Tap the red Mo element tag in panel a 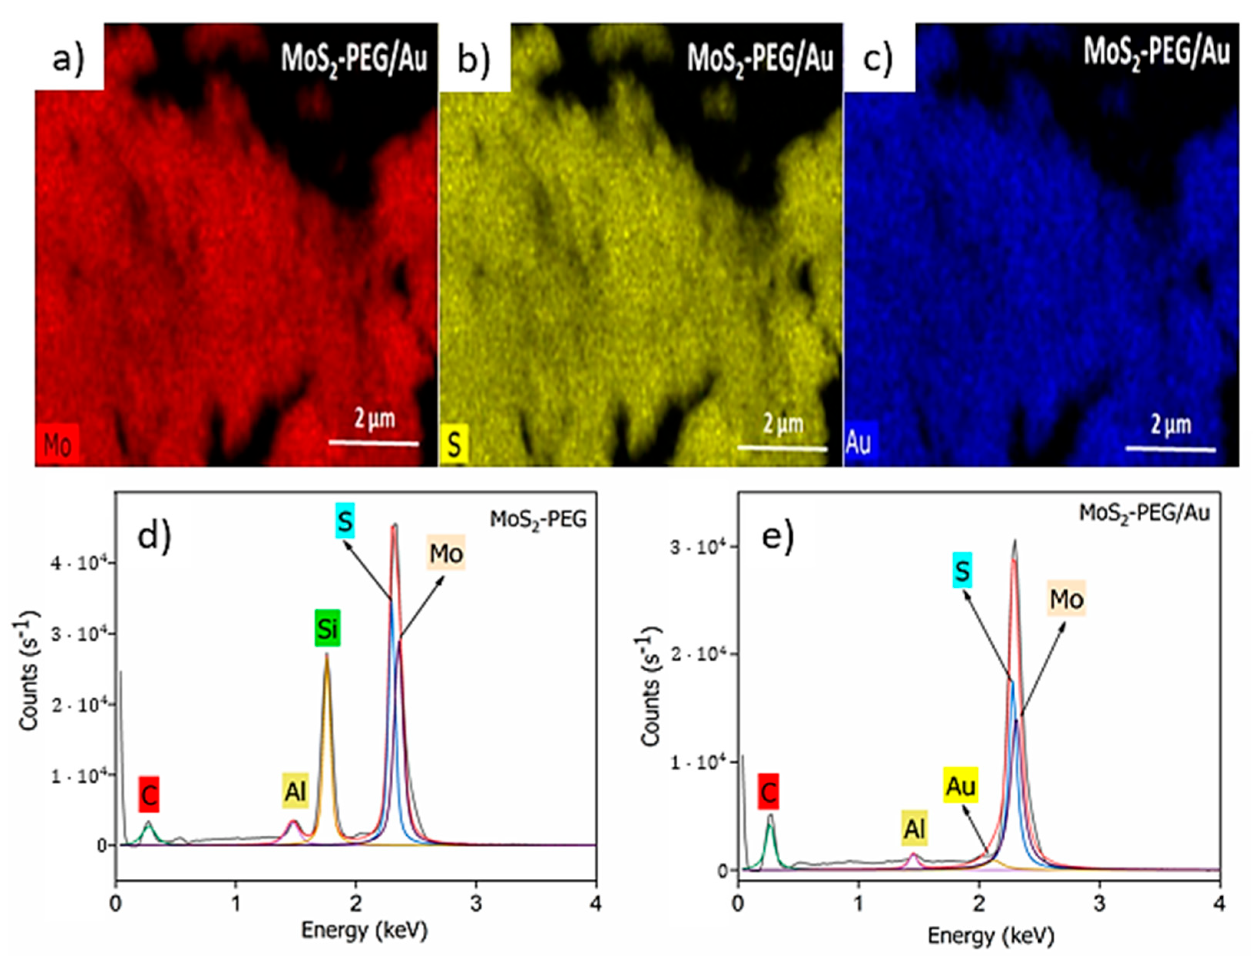click(57, 445)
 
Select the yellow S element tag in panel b click(454, 445)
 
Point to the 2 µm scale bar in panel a click(374, 443)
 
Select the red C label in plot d click(148, 794)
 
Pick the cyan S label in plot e click(963, 570)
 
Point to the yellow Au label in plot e click(961, 786)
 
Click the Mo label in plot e click(1067, 599)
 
